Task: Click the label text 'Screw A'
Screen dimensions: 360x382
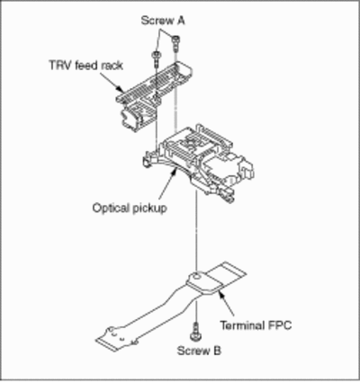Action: tap(163, 21)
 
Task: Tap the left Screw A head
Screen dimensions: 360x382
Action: tap(157, 54)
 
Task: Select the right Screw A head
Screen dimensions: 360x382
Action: tap(175, 39)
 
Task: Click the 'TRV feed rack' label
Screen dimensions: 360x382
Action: tap(86, 65)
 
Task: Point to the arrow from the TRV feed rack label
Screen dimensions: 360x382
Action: tap(111, 81)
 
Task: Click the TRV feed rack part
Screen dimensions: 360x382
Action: tap(154, 94)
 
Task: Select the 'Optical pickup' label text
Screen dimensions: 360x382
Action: tap(130, 208)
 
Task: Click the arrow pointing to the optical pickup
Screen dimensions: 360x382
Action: tap(166, 185)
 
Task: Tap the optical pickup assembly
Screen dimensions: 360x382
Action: tap(199, 163)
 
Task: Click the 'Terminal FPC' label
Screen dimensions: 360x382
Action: tap(256, 325)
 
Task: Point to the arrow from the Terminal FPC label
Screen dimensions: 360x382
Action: tap(226, 304)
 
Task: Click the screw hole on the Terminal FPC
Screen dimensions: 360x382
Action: tap(195, 274)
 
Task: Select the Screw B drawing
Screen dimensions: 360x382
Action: tap(196, 332)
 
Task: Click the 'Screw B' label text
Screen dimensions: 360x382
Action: tap(199, 351)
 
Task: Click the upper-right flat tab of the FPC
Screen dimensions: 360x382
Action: tap(227, 274)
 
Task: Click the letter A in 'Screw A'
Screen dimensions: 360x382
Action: tap(181, 21)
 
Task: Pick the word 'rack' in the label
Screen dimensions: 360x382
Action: tap(112, 65)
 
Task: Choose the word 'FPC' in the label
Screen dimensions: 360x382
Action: tap(279, 325)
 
